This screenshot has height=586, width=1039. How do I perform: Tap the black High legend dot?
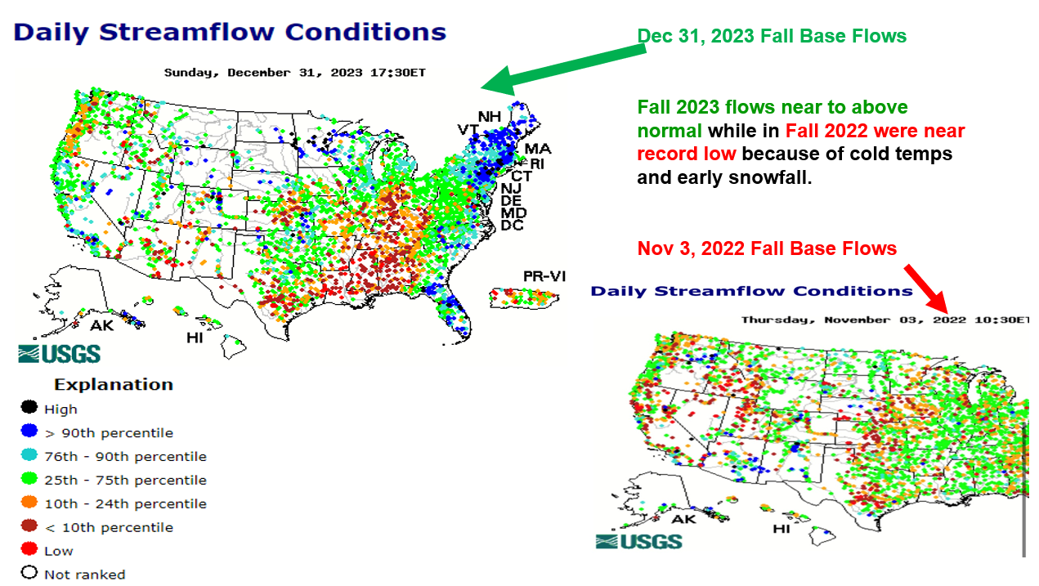pyautogui.click(x=29, y=408)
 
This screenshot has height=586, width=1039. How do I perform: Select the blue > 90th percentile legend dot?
pyautogui.click(x=29, y=432)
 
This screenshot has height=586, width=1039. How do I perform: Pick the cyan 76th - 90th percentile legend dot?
pyautogui.click(x=29, y=455)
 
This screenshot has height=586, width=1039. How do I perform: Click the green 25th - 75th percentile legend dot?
pyautogui.click(x=29, y=479)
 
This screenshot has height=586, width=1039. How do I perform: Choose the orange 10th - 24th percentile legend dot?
pyautogui.click(x=29, y=503)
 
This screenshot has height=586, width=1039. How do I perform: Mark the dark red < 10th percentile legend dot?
pyautogui.click(x=29, y=526)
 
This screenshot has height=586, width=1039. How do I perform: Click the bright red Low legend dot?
pyautogui.click(x=29, y=550)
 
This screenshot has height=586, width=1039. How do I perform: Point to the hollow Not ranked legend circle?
pyautogui.click(x=29, y=573)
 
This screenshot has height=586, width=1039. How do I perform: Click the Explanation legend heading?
pyautogui.click(x=114, y=384)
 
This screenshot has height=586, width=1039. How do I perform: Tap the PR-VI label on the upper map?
pyautogui.click(x=544, y=275)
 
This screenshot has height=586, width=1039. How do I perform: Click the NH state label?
pyautogui.click(x=489, y=116)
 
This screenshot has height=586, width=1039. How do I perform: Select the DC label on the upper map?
pyautogui.click(x=512, y=225)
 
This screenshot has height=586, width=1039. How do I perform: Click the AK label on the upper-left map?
pyautogui.click(x=102, y=325)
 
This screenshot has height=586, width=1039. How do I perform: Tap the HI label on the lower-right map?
pyautogui.click(x=782, y=529)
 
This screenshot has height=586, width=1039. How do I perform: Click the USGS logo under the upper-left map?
pyautogui.click(x=60, y=354)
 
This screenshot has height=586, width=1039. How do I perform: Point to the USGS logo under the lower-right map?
pyautogui.click(x=638, y=540)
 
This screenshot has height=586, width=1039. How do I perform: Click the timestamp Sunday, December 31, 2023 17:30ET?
pyautogui.click(x=294, y=73)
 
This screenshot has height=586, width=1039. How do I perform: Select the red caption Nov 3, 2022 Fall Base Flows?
pyautogui.click(x=767, y=248)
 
